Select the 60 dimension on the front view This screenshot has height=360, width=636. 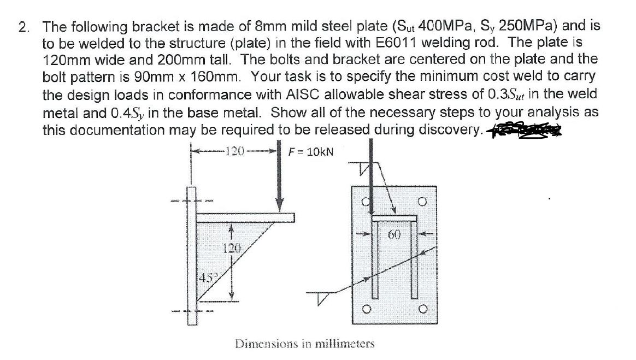pyautogui.click(x=396, y=235)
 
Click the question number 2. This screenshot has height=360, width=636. pyautogui.click(x=23, y=27)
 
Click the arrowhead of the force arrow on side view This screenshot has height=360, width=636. pyautogui.click(x=281, y=206)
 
